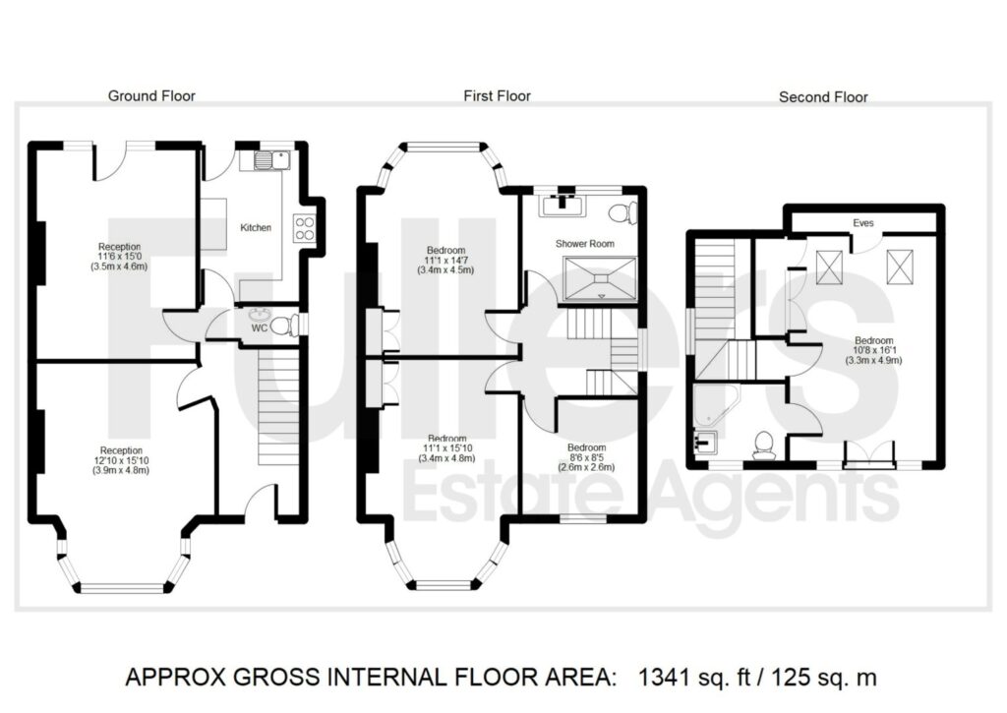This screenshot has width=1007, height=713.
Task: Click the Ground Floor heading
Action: pos(151,96)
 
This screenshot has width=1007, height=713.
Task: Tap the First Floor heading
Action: pos(497,96)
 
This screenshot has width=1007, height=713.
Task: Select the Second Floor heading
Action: pos(823,97)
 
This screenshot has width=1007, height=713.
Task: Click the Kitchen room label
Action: pos(256,227)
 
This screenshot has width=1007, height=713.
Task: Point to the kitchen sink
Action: pos(272,159)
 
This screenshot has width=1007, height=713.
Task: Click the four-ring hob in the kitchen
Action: pos(305,228)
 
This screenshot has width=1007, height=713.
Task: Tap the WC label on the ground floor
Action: pos(260,328)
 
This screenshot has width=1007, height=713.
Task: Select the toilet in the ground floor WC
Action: pos(284,325)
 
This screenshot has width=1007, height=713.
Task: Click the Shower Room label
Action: pos(584,244)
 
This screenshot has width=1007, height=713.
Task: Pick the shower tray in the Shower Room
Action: pos(601,278)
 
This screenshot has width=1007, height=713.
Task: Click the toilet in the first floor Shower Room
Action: pos(622,212)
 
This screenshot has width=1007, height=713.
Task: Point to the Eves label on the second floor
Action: pos(863,223)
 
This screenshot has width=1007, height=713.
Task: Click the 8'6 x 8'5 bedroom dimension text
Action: pos(586,457)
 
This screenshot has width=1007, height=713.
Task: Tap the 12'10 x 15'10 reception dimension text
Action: pos(121,460)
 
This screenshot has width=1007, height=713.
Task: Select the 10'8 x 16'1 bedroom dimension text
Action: pos(873,350)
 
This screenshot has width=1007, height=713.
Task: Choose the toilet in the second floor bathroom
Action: pos(763,446)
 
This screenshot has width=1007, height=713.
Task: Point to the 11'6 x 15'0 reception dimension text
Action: pos(119,257)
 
